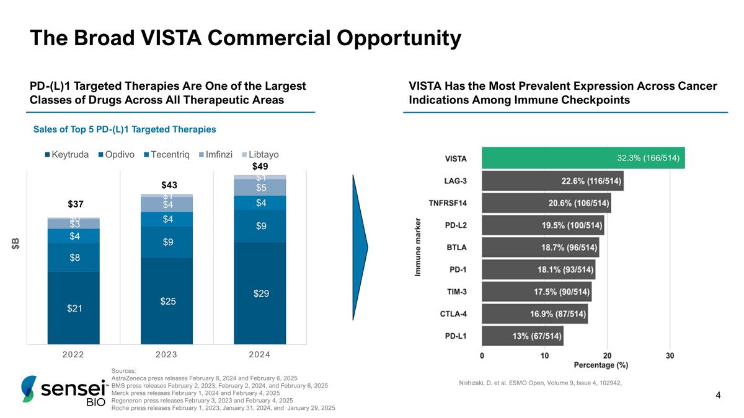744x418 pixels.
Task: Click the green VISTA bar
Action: click(x=583, y=158)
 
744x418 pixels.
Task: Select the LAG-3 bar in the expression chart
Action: click(x=552, y=181)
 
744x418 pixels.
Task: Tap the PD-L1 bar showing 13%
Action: click(x=522, y=336)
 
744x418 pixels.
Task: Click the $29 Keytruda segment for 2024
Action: click(x=260, y=293)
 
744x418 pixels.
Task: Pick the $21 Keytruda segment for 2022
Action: click(x=74, y=308)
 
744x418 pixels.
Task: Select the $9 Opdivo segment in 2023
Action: click(x=167, y=242)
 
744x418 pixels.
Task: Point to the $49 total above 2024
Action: click(x=260, y=166)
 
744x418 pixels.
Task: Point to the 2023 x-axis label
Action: click(x=167, y=355)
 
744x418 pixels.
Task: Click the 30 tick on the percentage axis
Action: click(x=670, y=355)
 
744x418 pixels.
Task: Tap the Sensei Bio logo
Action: click(x=62, y=392)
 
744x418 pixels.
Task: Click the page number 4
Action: click(x=718, y=394)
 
